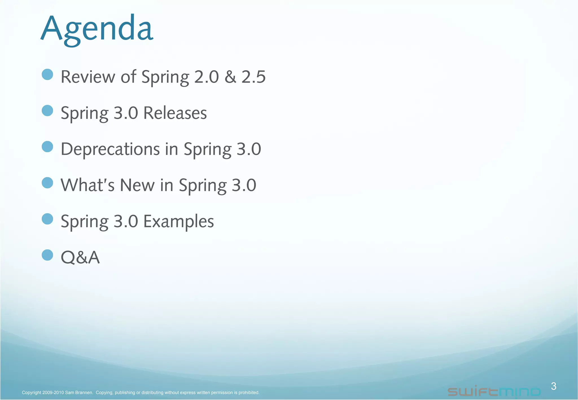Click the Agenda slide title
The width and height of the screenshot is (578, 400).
tap(97, 29)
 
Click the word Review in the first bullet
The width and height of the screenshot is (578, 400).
tap(88, 77)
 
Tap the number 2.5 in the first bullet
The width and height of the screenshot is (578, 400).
tap(253, 77)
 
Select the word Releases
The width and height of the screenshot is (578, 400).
tap(175, 113)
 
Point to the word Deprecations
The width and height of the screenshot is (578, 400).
tap(110, 149)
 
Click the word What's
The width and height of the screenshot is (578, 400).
tap(87, 185)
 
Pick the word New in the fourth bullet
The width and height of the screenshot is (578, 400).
tap(137, 185)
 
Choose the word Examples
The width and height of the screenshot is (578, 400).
tap(179, 221)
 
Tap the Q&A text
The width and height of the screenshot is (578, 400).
tap(80, 257)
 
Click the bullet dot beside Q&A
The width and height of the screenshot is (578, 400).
tap(47, 255)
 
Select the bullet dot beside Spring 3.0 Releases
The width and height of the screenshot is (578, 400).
tap(47, 111)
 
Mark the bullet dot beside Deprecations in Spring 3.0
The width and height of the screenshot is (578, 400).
tap(47, 147)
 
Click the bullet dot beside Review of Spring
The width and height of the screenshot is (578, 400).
tap(47, 74)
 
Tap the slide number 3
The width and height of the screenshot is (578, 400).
tap(553, 386)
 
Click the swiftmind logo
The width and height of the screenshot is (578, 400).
tap(494, 392)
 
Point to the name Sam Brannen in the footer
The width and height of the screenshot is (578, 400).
tap(79, 392)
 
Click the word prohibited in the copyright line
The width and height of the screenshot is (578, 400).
tap(249, 392)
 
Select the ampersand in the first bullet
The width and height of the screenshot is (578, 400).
tap(230, 77)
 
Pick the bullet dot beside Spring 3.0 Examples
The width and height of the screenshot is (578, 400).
tap(47, 219)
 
